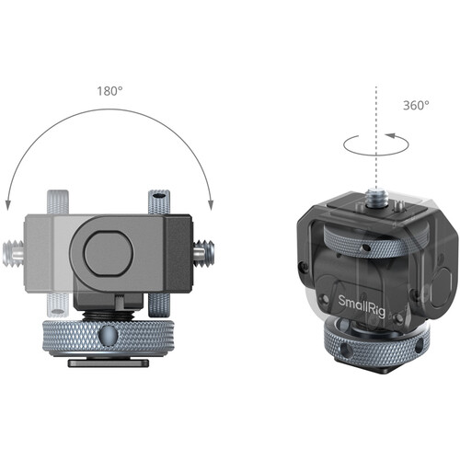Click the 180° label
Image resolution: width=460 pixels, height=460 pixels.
[109, 91]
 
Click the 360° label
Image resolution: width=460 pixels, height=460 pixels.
[415, 105]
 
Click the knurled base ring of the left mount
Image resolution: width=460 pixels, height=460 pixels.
[109, 335]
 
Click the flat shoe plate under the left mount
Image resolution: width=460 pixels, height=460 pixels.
[109, 362]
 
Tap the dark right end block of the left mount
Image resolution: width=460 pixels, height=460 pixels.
[177, 247]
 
